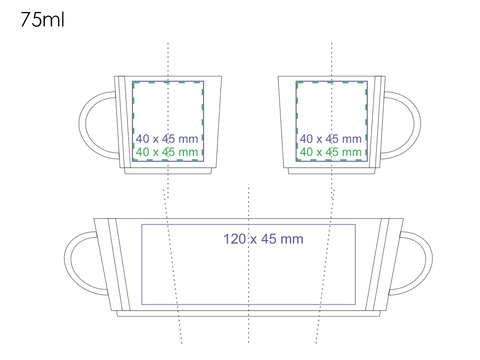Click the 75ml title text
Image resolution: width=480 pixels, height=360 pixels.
[x=43, y=20]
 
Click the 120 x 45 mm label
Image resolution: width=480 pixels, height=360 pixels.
[x=263, y=239]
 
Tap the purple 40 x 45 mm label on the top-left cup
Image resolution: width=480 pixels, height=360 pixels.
[x=167, y=139]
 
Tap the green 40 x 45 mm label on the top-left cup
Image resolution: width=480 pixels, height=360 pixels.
[x=167, y=152]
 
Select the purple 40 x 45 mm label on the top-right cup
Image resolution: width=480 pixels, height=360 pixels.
[x=331, y=139]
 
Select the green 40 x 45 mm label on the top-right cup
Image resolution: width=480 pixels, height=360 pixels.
[x=331, y=152]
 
